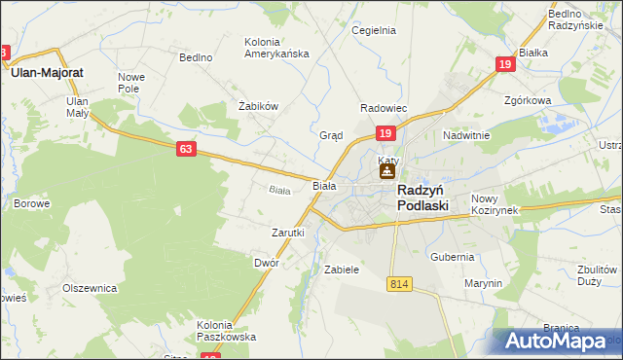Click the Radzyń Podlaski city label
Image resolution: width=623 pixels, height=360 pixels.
point(422,198)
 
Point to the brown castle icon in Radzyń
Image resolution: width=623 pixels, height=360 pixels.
point(386,173)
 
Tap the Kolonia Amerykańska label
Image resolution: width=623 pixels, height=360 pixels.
point(275,48)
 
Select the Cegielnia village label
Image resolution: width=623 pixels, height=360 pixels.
point(374,30)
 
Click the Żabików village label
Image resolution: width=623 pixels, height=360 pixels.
point(259,106)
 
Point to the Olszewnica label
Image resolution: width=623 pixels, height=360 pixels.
point(90,288)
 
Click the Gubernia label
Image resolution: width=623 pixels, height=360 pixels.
point(453,257)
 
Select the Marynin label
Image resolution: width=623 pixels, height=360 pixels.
point(483,283)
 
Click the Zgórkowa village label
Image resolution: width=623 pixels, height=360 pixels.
point(529,100)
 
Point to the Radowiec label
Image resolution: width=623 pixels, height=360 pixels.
point(384,108)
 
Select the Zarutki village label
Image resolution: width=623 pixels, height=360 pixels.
point(287,234)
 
